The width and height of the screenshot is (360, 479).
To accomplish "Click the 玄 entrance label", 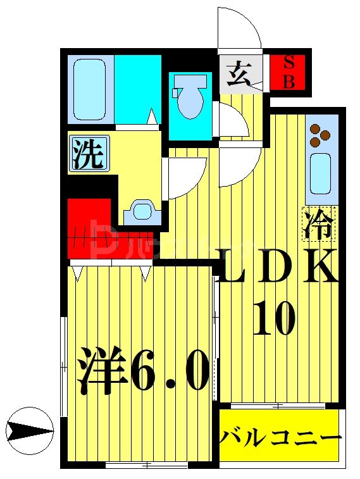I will [239, 74].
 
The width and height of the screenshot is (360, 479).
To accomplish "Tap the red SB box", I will [289, 72].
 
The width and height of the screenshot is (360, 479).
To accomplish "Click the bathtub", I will [89, 89].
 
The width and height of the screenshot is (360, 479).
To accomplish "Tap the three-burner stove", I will [320, 134].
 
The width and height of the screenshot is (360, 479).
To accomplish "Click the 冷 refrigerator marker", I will [320, 224].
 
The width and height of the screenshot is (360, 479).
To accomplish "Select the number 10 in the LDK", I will [275, 318].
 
